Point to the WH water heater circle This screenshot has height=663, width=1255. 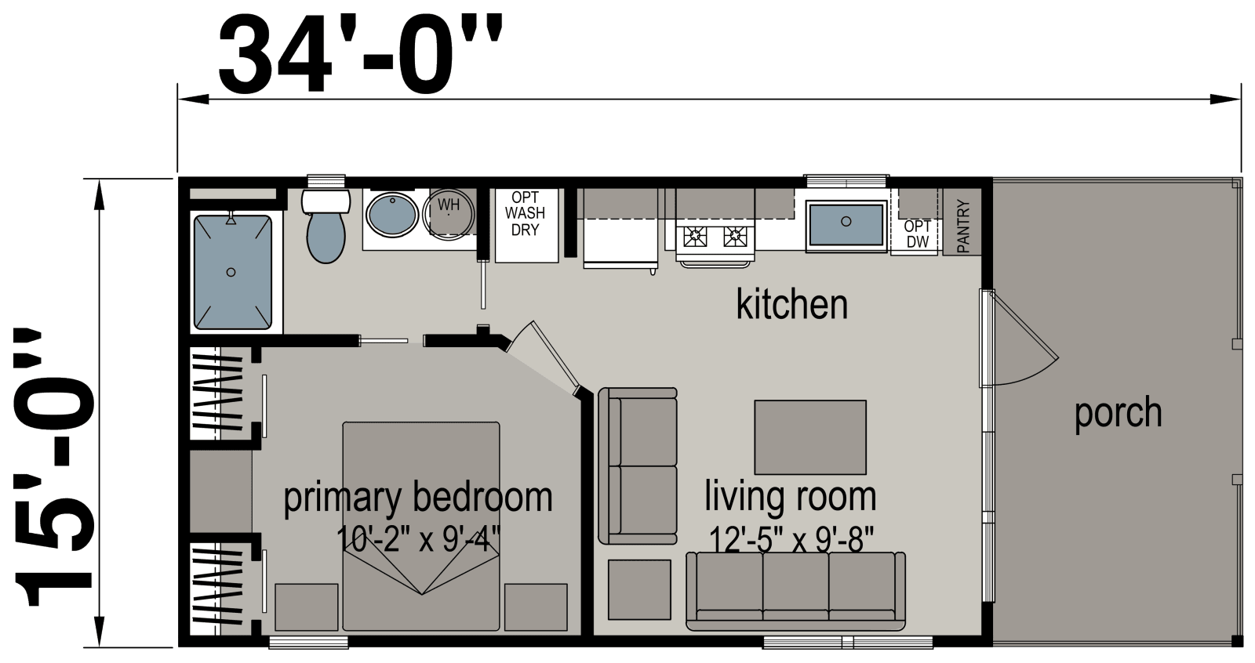tap(448, 212)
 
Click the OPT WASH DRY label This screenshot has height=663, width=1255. tap(525, 212)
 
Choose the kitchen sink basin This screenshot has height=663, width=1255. tap(846, 223)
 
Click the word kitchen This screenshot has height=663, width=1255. tap(791, 305)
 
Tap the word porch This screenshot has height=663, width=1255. tap(1118, 413)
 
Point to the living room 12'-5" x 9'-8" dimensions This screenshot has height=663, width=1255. tap(791, 540)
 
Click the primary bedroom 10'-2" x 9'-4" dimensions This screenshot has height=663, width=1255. tap(418, 539)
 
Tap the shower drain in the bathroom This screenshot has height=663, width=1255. tap(231, 272)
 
